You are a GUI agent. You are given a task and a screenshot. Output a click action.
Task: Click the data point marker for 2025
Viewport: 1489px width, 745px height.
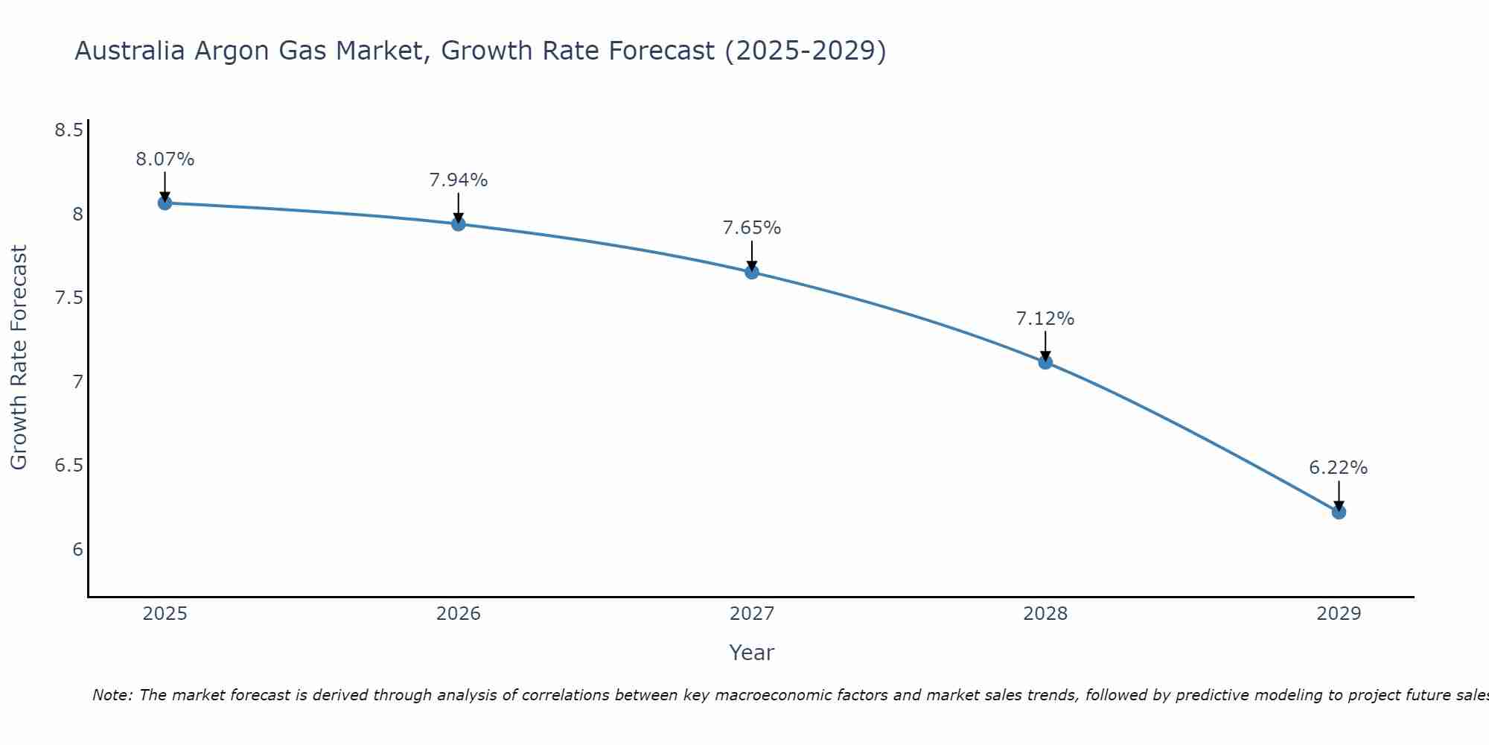tap(165, 203)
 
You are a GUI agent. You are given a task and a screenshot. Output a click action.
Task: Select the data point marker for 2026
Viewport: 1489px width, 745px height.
tap(459, 223)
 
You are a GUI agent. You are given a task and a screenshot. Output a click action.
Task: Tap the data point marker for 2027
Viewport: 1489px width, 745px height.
tap(752, 272)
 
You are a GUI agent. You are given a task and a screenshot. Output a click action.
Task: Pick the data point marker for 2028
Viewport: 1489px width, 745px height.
tap(1045, 362)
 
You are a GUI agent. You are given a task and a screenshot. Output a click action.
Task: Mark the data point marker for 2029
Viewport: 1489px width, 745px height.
tap(1339, 512)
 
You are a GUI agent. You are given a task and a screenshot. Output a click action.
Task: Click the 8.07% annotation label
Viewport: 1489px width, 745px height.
tap(165, 159)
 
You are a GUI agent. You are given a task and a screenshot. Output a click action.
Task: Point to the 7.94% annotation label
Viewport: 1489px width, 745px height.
tap(459, 180)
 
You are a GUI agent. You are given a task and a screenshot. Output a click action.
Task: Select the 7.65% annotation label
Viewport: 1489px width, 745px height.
tap(752, 228)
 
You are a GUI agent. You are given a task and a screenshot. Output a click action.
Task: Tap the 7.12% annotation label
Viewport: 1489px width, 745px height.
tap(1045, 319)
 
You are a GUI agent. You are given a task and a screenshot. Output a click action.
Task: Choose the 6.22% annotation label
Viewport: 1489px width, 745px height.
tap(1339, 468)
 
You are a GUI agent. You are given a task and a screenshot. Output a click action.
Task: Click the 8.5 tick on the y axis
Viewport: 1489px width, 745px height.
tap(68, 131)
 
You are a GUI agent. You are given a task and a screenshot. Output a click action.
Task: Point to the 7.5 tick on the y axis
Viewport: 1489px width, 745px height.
tap(68, 299)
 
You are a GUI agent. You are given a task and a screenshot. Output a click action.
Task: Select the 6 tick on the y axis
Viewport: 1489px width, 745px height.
tap(77, 550)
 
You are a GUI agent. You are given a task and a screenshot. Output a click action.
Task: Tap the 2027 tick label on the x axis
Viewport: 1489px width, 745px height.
tap(752, 614)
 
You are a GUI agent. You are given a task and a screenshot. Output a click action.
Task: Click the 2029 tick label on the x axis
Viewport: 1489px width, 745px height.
tap(1339, 614)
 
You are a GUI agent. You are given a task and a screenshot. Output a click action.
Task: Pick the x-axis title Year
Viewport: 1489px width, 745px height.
tap(752, 653)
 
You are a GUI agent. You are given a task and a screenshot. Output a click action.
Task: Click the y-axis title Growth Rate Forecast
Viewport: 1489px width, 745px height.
tap(19, 358)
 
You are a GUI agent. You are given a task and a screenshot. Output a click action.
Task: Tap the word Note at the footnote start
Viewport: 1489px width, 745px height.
tap(112, 695)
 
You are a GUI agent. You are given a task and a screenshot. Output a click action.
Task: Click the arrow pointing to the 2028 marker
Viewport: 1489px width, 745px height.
tap(1045, 346)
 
